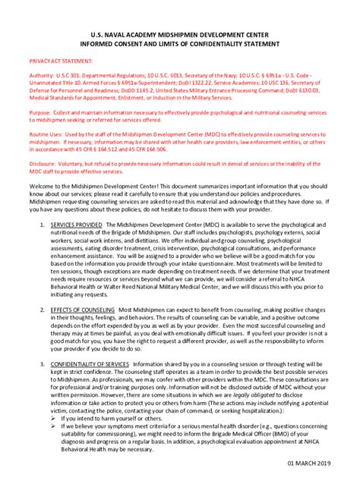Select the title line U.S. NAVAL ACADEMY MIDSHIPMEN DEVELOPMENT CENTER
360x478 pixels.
180,34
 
